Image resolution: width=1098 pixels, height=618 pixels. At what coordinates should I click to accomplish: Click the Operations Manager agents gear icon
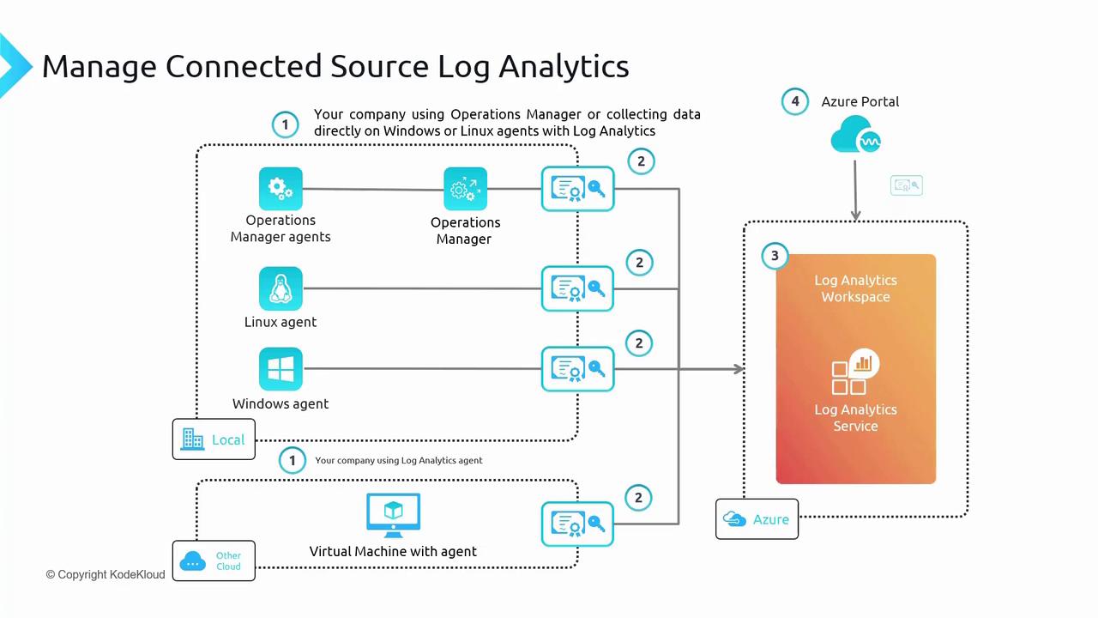click(x=281, y=189)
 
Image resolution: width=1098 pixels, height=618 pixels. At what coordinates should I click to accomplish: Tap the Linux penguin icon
click(x=281, y=288)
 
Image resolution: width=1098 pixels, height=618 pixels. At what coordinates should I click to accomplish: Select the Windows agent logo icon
click(x=281, y=369)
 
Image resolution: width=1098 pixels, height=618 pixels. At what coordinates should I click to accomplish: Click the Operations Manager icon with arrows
click(x=465, y=189)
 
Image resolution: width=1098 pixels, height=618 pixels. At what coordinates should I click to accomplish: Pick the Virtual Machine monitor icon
click(x=393, y=515)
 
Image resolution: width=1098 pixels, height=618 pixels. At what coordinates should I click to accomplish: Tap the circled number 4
click(x=795, y=101)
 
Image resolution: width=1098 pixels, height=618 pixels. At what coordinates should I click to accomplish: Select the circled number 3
click(x=775, y=256)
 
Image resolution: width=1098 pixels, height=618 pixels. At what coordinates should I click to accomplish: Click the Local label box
click(x=214, y=439)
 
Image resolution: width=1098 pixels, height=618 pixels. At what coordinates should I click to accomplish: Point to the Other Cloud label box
click(x=214, y=561)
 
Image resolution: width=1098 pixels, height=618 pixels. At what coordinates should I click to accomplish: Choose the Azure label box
click(x=757, y=519)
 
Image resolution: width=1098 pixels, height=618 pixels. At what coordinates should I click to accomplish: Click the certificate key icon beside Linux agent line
click(x=577, y=288)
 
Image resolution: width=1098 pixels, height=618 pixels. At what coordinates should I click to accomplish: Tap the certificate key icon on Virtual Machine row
click(x=577, y=524)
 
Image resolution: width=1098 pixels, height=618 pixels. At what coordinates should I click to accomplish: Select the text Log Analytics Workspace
click(x=855, y=288)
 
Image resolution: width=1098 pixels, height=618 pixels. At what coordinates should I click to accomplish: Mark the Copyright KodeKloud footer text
click(x=106, y=574)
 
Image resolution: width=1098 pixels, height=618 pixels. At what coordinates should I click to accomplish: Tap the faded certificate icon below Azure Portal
click(x=906, y=185)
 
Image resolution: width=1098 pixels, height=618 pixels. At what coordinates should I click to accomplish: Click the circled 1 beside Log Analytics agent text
click(x=292, y=461)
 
